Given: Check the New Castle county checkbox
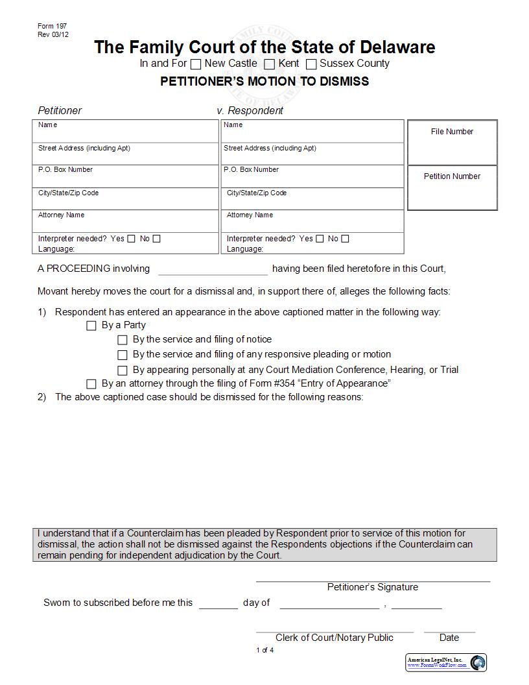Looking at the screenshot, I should click(x=196, y=64).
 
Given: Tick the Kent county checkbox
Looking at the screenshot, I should click(x=270, y=64).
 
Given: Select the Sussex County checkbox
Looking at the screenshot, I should click(x=311, y=64).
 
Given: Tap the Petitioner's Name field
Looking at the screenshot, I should click(x=126, y=132).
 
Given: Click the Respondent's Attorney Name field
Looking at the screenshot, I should click(x=312, y=222).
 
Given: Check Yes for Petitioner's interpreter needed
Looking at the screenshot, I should click(x=132, y=239).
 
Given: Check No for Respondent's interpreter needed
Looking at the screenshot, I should click(x=345, y=239).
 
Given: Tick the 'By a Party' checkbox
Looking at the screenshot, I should click(x=91, y=326).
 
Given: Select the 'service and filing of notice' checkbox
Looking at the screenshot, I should click(x=123, y=340).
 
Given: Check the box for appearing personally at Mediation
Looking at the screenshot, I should click(x=123, y=370).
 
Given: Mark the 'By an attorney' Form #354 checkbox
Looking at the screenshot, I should click(x=91, y=384).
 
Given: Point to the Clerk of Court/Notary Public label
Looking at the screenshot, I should click(x=334, y=638).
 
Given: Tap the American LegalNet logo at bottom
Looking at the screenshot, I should click(x=447, y=662).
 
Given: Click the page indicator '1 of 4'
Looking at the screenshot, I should click(x=264, y=650).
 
